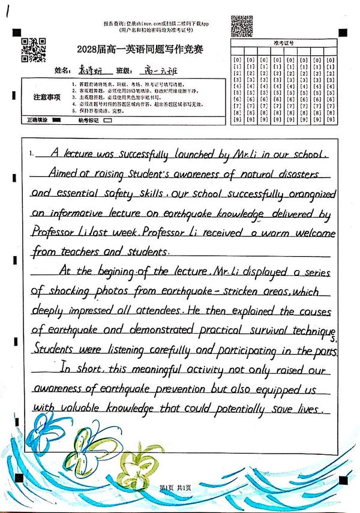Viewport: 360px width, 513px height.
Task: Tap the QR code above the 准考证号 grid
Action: click(242, 26)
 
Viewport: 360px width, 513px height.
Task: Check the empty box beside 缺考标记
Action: click(108, 120)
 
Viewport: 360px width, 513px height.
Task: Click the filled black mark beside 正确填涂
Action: click(58, 120)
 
